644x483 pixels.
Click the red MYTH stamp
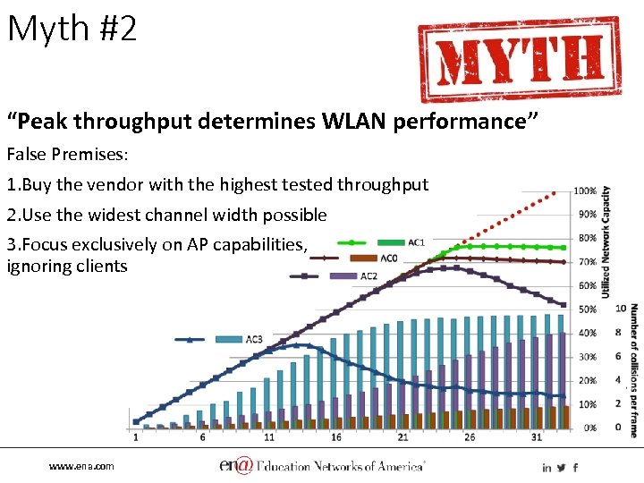pyautogui.click(x=519, y=60)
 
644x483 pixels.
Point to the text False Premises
pyautogui.click(x=68, y=154)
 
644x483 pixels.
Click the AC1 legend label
pyautogui.click(x=416, y=242)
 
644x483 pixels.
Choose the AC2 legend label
pyautogui.click(x=368, y=275)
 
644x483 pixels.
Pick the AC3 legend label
pyautogui.click(x=254, y=339)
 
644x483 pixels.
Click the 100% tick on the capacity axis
pyautogui.click(x=586, y=191)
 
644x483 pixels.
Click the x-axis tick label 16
pyautogui.click(x=336, y=437)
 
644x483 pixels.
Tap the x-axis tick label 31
pyautogui.click(x=537, y=437)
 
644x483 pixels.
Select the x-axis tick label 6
pyautogui.click(x=203, y=437)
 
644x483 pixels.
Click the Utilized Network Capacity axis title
pyautogui.click(x=606, y=241)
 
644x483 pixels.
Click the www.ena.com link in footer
pyautogui.click(x=81, y=467)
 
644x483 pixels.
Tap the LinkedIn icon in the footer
pyautogui.click(x=547, y=468)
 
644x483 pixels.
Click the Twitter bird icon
pyautogui.click(x=561, y=468)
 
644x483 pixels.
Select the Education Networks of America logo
pyautogui.click(x=323, y=466)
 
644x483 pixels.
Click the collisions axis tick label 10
pyautogui.click(x=621, y=309)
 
